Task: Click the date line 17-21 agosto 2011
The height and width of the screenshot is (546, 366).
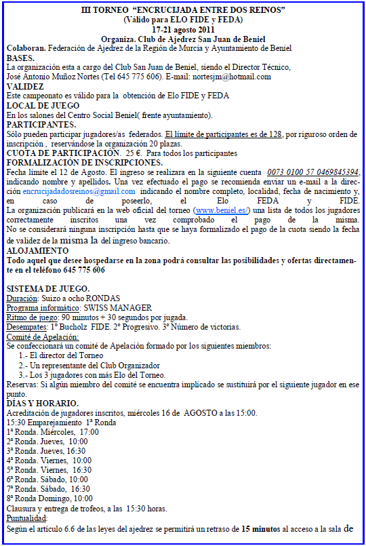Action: click(x=183, y=30)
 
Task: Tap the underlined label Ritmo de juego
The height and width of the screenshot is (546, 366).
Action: click(x=31, y=317)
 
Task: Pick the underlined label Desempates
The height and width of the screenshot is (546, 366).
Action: click(x=27, y=326)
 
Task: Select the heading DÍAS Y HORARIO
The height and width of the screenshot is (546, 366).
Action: click(x=42, y=403)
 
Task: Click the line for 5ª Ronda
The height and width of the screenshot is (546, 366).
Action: click(x=47, y=469)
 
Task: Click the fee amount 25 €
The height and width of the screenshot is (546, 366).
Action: click(x=135, y=153)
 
